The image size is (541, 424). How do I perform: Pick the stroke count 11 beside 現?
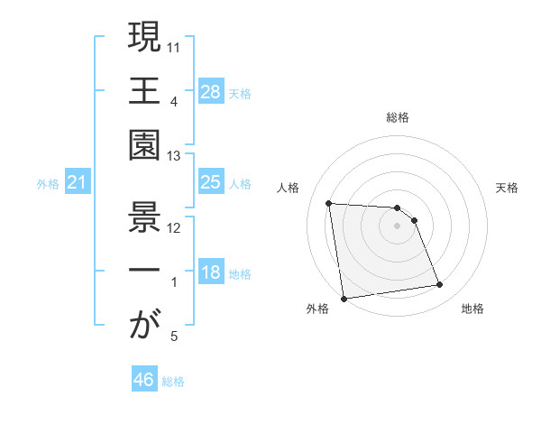pos(175,46)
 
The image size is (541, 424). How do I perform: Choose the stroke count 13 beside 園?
pos(175,156)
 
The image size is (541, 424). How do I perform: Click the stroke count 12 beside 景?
pos(175,226)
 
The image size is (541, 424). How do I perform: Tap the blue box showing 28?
pos(210,92)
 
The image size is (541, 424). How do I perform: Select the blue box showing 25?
pos(210,183)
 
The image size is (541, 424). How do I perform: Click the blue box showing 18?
pos(210,273)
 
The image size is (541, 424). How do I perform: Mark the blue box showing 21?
pos(78,183)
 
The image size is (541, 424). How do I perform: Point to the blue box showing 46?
pos(143,380)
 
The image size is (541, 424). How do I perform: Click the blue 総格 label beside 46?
pos(173,382)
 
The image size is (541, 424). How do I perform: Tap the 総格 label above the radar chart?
pos(397,117)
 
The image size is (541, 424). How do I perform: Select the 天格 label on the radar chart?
pos(508,188)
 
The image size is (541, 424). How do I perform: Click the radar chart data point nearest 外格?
pos(343,298)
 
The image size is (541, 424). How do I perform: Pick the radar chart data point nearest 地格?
pos(440,285)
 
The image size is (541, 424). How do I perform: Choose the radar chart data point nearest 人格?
pos(329,203)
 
